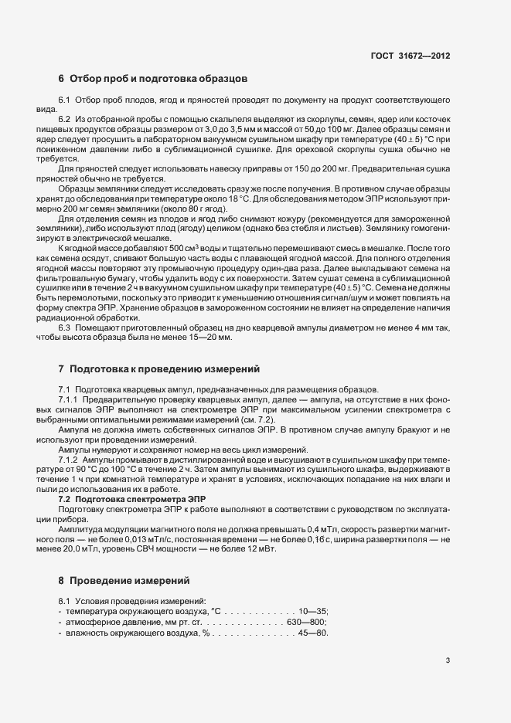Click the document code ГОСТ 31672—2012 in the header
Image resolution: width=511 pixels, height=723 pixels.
(411, 56)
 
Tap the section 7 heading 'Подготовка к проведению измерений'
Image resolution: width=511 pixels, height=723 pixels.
(165, 368)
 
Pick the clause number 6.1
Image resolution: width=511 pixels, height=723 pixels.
(65, 101)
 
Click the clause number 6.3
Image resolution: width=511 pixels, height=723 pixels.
(65, 328)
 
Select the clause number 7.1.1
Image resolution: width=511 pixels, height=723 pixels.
(70, 399)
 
